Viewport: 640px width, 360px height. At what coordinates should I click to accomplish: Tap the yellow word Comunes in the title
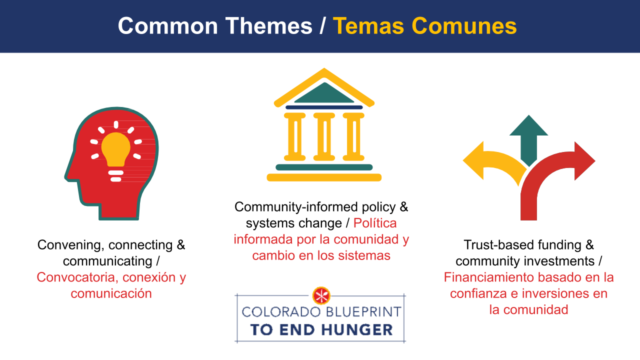[464, 26]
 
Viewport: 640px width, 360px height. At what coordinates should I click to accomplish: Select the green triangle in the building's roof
[324, 93]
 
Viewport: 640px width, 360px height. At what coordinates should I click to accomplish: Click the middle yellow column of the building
[324, 136]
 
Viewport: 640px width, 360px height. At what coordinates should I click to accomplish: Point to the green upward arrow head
[528, 125]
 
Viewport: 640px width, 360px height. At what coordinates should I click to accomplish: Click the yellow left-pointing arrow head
[473, 160]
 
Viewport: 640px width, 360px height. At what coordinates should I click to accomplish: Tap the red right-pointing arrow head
[585, 161]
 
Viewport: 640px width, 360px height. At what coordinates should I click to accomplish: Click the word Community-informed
[296, 207]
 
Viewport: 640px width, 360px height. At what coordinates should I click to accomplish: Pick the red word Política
[375, 223]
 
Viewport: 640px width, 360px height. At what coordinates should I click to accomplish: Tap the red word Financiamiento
[488, 277]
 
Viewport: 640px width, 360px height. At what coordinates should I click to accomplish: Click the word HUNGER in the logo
[357, 329]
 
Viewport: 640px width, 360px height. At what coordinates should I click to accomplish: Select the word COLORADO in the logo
[281, 311]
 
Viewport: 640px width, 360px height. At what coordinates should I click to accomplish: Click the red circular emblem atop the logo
[321, 295]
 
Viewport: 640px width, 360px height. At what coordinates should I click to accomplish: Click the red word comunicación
[111, 293]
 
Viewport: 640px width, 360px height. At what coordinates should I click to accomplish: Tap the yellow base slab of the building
[324, 177]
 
